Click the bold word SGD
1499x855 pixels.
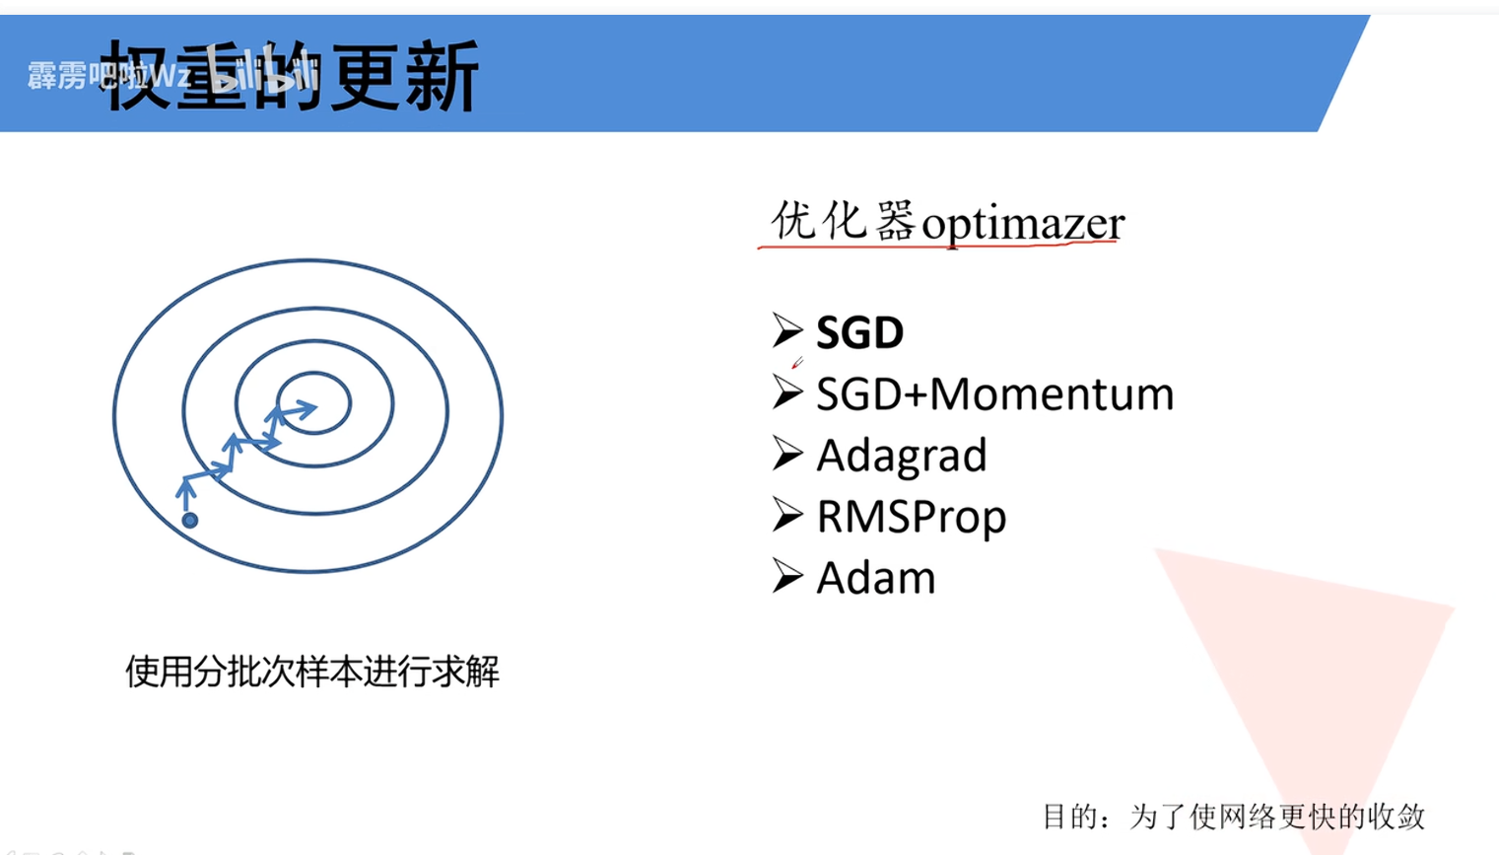859,333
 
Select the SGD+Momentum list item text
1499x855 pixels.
994,394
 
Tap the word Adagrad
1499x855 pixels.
901,456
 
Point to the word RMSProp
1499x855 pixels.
911,517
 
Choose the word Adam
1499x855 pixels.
875,578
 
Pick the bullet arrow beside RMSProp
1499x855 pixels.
787,514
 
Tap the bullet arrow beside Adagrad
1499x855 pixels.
787,453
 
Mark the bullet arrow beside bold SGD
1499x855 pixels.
787,330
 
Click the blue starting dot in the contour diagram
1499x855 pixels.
190,520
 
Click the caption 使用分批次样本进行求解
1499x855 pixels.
311,672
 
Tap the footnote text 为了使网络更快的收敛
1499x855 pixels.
1277,817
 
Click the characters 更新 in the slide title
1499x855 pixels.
404,77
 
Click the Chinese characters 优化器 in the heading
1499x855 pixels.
843,220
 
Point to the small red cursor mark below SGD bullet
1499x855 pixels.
797,363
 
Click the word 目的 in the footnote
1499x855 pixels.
1070,817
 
